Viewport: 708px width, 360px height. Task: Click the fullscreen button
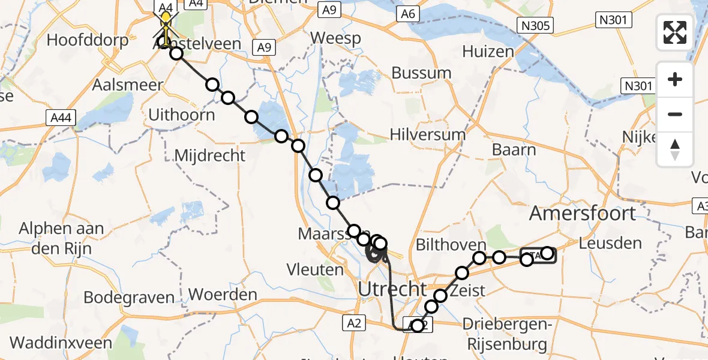[675, 32]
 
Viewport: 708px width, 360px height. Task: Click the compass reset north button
[675, 149]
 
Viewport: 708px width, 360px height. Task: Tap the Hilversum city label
[428, 134]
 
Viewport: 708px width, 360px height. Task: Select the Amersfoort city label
[582, 214]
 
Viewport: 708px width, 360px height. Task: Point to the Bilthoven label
[452, 245]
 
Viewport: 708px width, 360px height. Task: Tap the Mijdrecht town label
[209, 156]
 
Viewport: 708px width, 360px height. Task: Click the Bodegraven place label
[129, 298]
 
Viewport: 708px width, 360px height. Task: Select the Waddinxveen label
[61, 343]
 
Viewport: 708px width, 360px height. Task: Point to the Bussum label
[421, 73]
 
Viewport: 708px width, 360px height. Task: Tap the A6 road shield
[407, 13]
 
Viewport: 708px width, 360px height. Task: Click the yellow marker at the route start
[166, 17]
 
